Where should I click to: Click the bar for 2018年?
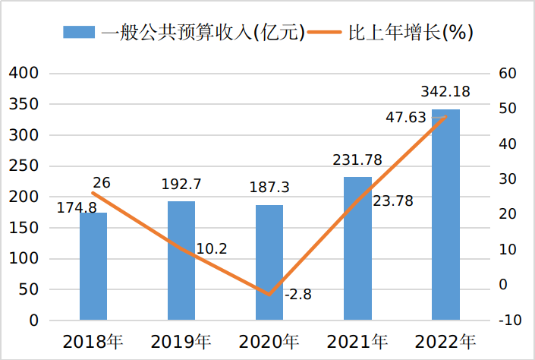(93, 266)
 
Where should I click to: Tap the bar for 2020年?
(269, 262)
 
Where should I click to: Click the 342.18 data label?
(445, 92)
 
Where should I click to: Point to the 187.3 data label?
(269, 188)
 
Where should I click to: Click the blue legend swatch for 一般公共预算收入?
(78, 32)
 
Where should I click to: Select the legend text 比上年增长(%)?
(411, 32)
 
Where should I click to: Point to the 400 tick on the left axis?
(23, 74)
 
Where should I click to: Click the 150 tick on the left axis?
(23, 228)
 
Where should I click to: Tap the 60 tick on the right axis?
(508, 74)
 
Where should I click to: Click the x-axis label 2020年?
(269, 341)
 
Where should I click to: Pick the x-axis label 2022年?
(445, 341)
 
